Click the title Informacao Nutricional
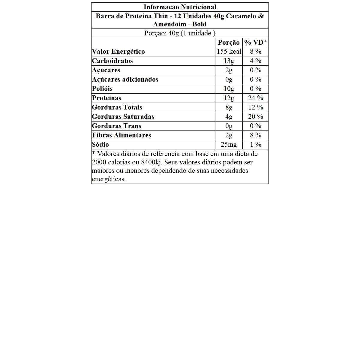pyautogui.click(x=180, y=7)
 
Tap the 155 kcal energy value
pyautogui.click(x=229, y=51)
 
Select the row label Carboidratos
pyautogui.click(x=112, y=61)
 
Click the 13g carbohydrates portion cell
pyautogui.click(x=229, y=61)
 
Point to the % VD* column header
pyautogui.click(x=256, y=42)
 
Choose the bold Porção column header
pyautogui.click(x=229, y=42)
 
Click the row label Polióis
pyautogui.click(x=102, y=88)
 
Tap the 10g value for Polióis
pyautogui.click(x=229, y=88)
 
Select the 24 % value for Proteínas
pyautogui.click(x=256, y=98)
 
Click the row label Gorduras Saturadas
pyautogui.click(x=123, y=116)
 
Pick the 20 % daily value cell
pyautogui.click(x=256, y=116)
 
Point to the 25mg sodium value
pyautogui.click(x=229, y=144)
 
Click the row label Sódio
pyautogui.click(x=100, y=144)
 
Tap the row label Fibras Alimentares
pyautogui.click(x=121, y=135)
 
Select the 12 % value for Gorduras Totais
pyautogui.click(x=256, y=107)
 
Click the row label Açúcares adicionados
pyautogui.click(x=125, y=79)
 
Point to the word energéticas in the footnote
pyautogui.click(x=109, y=179)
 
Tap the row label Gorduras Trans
pyautogui.click(x=116, y=126)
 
